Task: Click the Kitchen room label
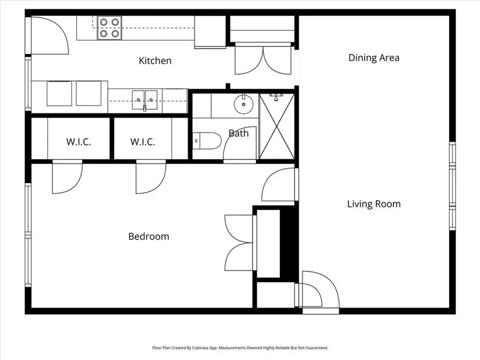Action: (155, 60)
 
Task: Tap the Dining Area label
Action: (374, 58)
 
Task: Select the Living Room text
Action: (374, 204)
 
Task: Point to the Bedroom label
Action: (148, 236)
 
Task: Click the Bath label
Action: (239, 133)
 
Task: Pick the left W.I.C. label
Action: (79, 142)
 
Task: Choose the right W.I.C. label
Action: (143, 142)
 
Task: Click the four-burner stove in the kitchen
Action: (109, 28)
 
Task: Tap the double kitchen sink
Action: (145, 100)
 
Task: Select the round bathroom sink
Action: (244, 104)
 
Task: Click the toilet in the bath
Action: (207, 141)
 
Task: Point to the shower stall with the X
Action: (277, 126)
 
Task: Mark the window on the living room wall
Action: (453, 186)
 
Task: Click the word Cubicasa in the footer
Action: (201, 348)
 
